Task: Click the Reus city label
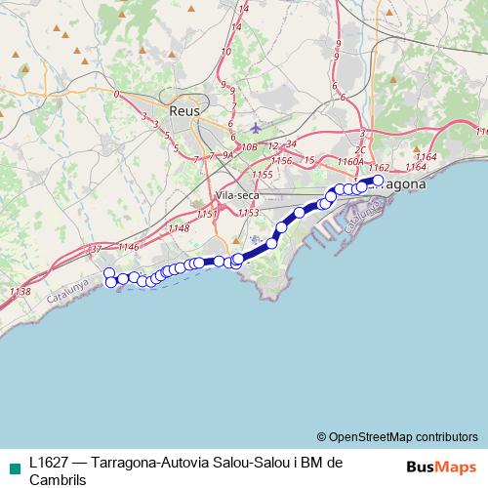183,111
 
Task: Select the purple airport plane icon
256,128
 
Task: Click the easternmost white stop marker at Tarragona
379,180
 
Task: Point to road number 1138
19,291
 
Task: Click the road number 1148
178,228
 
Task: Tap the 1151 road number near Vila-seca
206,214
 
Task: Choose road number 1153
248,212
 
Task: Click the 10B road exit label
249,147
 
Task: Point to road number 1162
380,168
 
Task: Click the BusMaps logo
441,466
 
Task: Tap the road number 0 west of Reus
116,95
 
